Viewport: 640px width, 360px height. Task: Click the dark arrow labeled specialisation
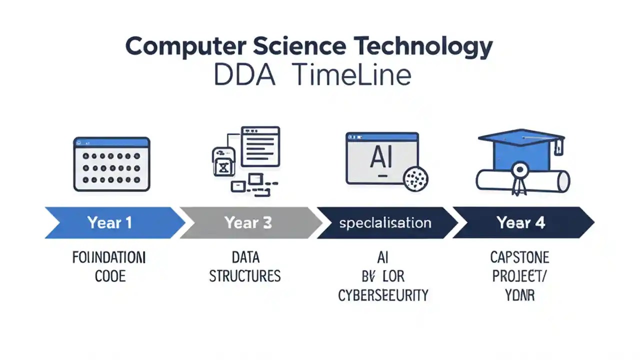385,222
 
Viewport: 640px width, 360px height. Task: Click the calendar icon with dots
111,164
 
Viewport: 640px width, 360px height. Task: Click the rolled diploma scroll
522,180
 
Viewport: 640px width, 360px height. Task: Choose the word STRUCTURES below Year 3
244,276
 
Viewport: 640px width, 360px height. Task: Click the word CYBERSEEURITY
383,295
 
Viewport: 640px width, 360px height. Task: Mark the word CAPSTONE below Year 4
520,257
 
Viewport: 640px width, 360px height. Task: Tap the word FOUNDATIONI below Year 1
109,258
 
